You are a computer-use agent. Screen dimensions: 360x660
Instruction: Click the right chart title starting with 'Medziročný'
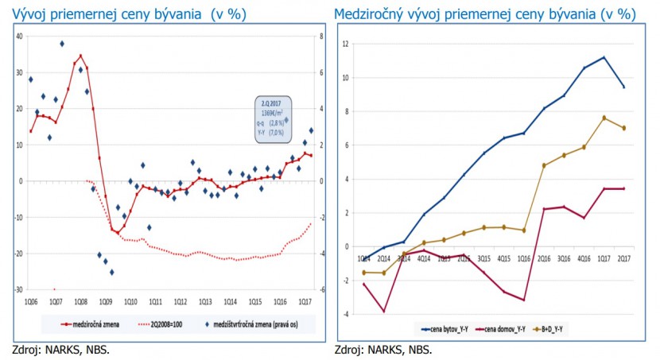tap(485, 14)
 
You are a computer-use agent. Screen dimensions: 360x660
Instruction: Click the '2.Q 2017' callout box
tap(273, 119)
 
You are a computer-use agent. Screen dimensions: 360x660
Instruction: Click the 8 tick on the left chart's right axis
tap(320, 36)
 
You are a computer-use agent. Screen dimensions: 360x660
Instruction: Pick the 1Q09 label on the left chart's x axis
tap(105, 301)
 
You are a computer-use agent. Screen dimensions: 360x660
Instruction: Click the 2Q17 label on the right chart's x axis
tap(624, 258)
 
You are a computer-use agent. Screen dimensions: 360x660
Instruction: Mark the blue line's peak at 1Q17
tap(604, 57)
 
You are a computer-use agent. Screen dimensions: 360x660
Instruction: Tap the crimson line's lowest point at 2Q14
tap(383, 311)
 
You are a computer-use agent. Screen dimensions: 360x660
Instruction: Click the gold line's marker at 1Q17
tap(604, 118)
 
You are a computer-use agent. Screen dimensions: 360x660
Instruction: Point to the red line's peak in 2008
tap(80, 56)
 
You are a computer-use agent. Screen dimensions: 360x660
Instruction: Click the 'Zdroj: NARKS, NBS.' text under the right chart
tap(383, 349)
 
